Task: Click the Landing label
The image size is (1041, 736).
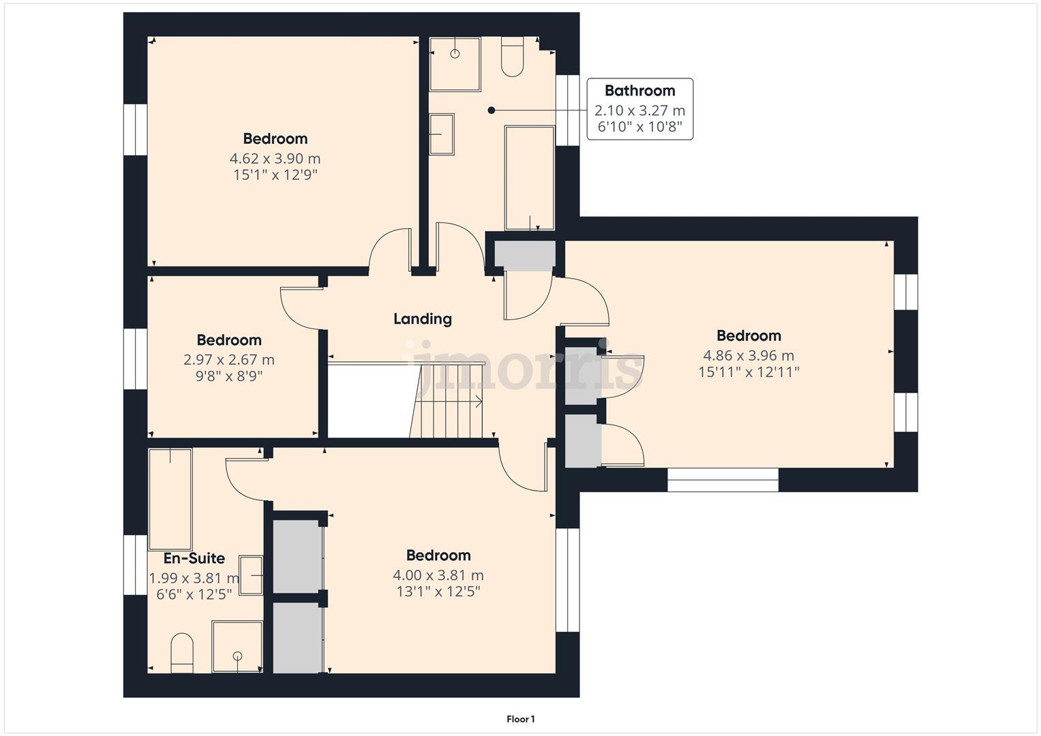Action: [x=423, y=319]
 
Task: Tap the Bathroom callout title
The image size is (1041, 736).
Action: [x=639, y=91]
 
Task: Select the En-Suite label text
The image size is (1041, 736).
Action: [x=194, y=559]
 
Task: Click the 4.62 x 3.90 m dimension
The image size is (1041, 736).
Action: [x=275, y=159]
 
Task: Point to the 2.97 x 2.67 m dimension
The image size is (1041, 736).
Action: [x=229, y=360]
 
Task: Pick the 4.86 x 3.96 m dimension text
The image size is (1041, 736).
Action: [x=749, y=356]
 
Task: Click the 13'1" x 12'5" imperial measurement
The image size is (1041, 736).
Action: [x=438, y=592]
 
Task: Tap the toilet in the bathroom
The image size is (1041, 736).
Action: [x=512, y=57]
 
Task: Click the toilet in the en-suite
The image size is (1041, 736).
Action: [x=182, y=653]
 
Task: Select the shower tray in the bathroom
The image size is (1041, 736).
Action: [x=455, y=64]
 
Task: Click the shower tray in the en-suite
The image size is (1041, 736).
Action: [x=237, y=647]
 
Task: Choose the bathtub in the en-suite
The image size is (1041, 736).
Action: [x=170, y=499]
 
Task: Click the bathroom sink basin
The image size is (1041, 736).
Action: [x=441, y=135]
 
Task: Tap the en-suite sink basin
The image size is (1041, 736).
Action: [x=252, y=575]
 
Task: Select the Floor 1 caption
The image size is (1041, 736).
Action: [x=521, y=719]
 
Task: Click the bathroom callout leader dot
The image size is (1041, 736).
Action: [x=491, y=110]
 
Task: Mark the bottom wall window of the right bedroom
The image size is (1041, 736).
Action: [x=723, y=480]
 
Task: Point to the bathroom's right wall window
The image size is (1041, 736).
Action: [x=567, y=110]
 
